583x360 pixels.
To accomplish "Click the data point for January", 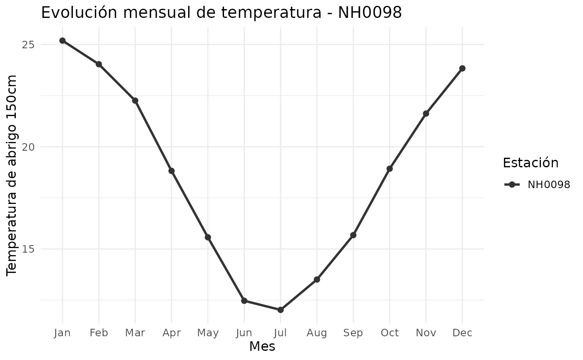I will pos(62,40).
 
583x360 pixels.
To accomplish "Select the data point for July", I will pos(280,310).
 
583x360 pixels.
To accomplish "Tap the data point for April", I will pos(171,171).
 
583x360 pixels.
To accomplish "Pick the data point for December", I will pos(462,68).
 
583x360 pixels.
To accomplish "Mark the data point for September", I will pos(353,235).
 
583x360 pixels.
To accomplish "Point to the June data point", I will pos(244,300).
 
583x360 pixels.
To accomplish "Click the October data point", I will pos(389,169).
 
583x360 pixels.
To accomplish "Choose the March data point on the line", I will pos(135,100).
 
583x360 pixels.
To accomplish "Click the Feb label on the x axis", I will pos(99,333).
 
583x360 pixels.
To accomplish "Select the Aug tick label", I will pos(317,333).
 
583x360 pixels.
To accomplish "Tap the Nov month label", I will pos(426,333).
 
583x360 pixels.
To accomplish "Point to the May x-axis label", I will pos(208,333).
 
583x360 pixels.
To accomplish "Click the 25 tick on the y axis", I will pos(28,45).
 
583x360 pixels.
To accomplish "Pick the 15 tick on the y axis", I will pos(28,249).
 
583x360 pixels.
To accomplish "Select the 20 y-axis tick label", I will pos(28,147).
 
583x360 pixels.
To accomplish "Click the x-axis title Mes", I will pos(262,346).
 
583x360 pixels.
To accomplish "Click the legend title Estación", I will pos(531,162).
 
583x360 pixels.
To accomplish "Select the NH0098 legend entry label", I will pos(548,185).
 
